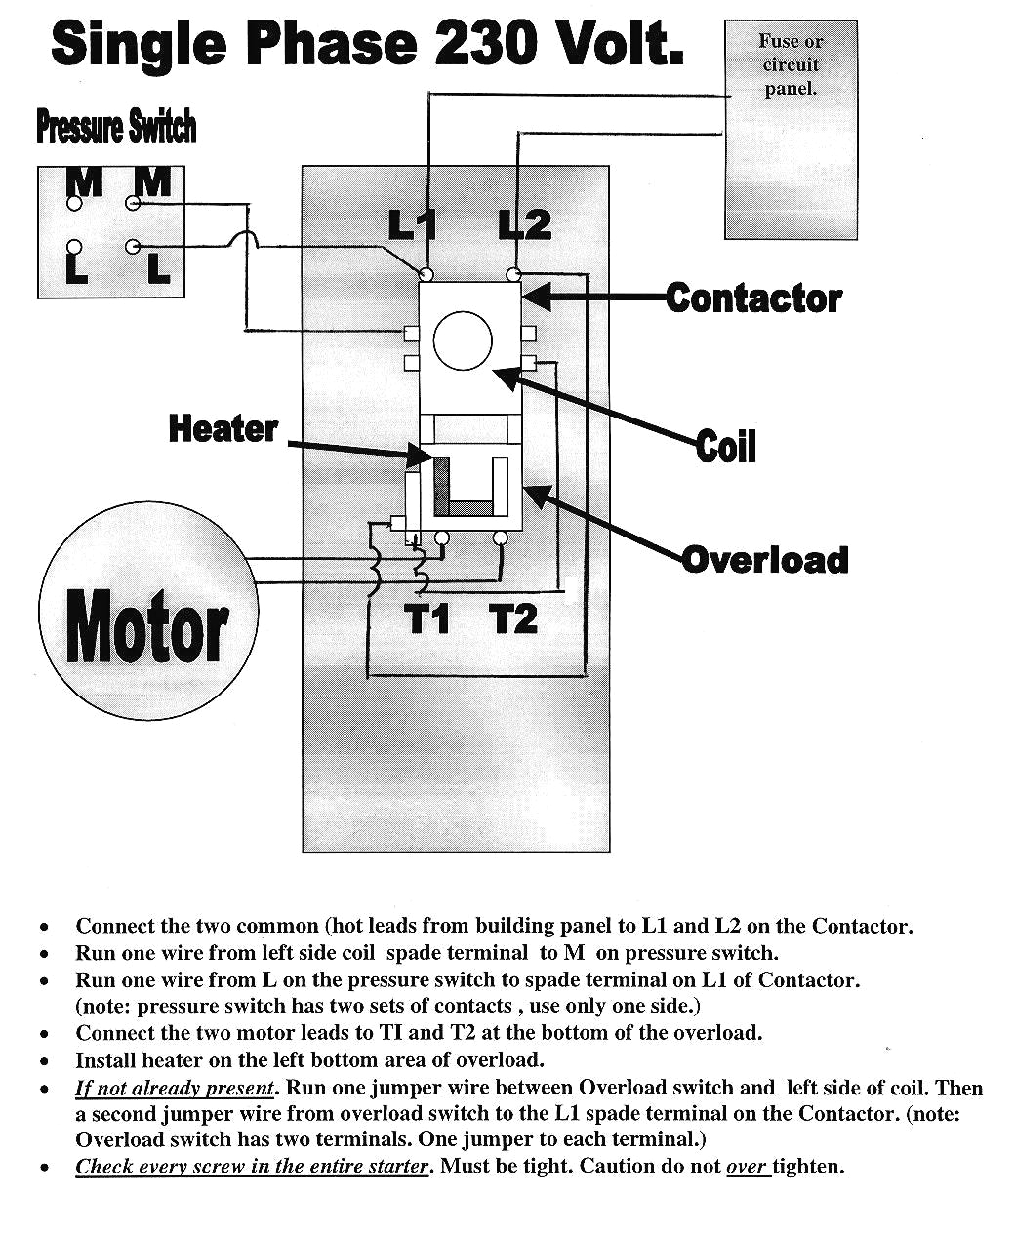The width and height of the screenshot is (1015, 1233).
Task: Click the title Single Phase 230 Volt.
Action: point(367,44)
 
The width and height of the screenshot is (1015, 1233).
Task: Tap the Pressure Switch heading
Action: point(116,127)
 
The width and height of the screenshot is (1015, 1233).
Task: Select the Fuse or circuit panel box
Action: point(791,130)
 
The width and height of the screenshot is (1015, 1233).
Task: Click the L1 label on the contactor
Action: point(412,225)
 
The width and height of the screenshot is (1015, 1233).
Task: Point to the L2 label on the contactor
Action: point(525,225)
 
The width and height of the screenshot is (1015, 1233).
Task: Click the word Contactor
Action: point(753,298)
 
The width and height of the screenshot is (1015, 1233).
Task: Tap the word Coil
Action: point(726,447)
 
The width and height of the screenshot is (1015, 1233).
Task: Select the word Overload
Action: point(765,560)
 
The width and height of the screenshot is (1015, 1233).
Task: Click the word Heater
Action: point(223,428)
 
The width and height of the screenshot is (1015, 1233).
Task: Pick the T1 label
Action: point(427,618)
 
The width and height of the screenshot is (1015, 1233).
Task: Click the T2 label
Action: point(513,618)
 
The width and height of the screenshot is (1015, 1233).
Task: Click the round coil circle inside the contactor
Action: point(463,341)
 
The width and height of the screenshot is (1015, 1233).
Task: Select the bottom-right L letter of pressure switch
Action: point(159,268)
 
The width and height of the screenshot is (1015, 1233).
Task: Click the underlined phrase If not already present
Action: point(175,1088)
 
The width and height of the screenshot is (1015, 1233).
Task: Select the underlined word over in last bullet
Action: point(748,1166)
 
